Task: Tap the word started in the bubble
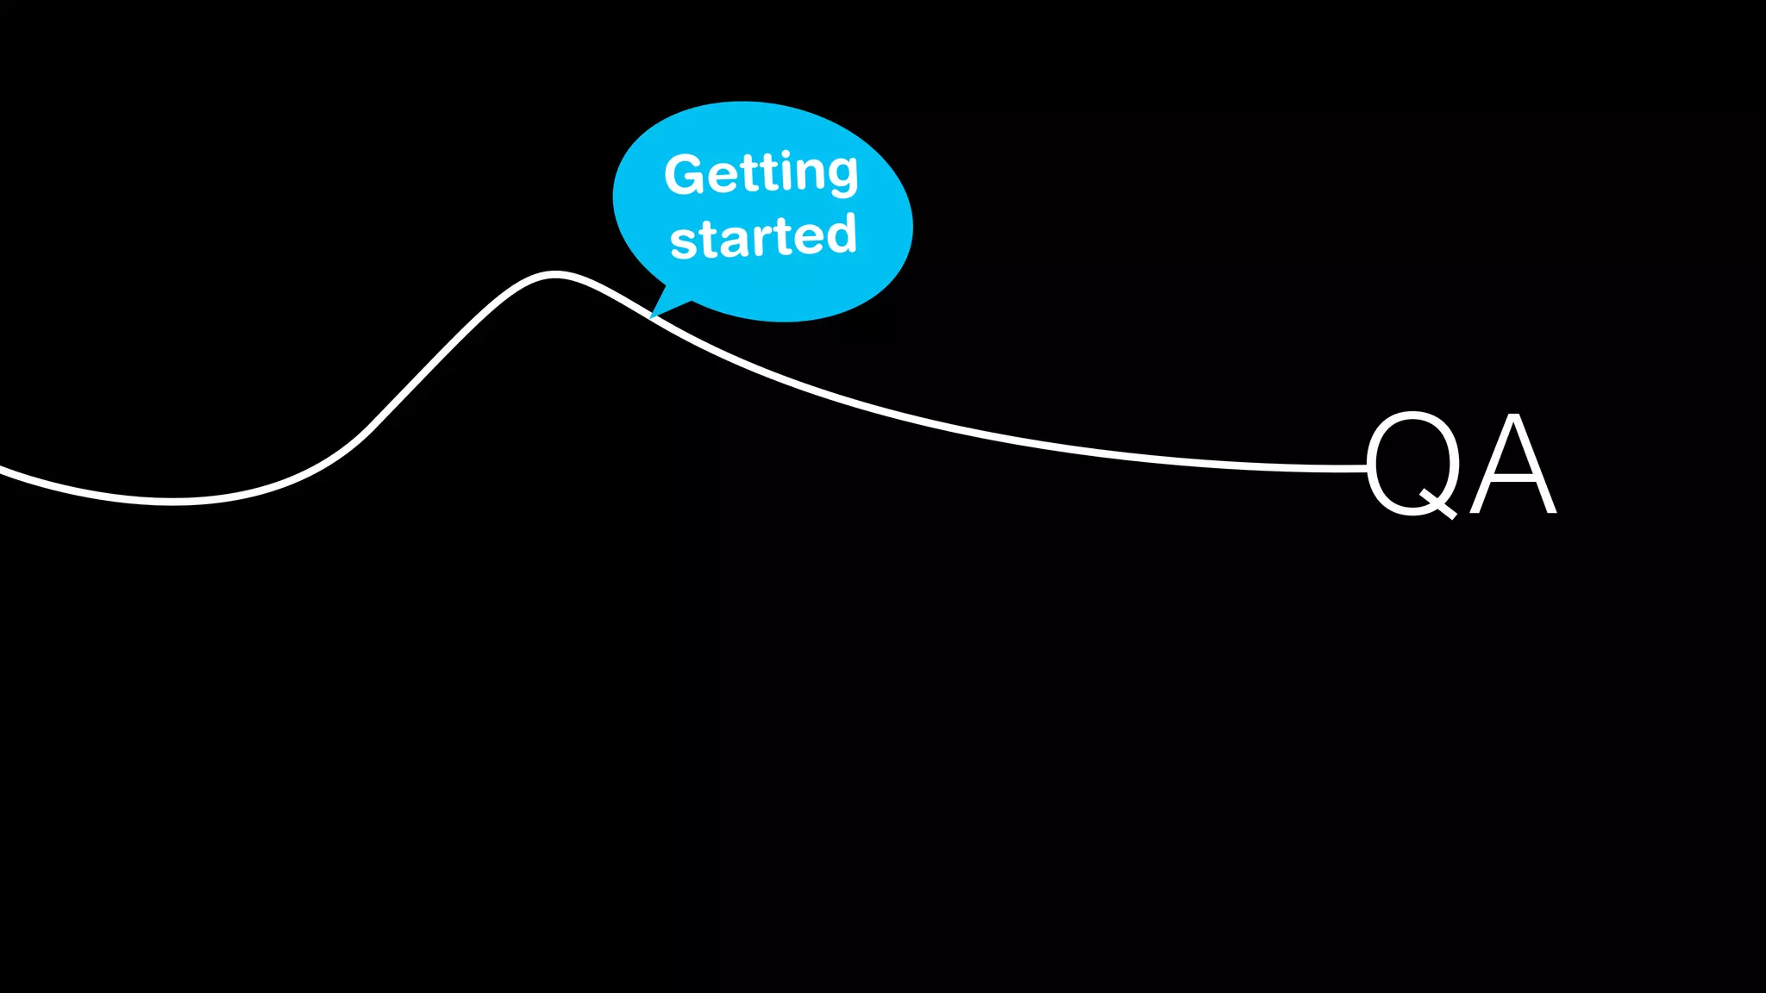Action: click(x=763, y=237)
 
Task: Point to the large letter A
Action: click(x=1513, y=465)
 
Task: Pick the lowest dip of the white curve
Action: click(x=171, y=500)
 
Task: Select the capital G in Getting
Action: click(x=685, y=174)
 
